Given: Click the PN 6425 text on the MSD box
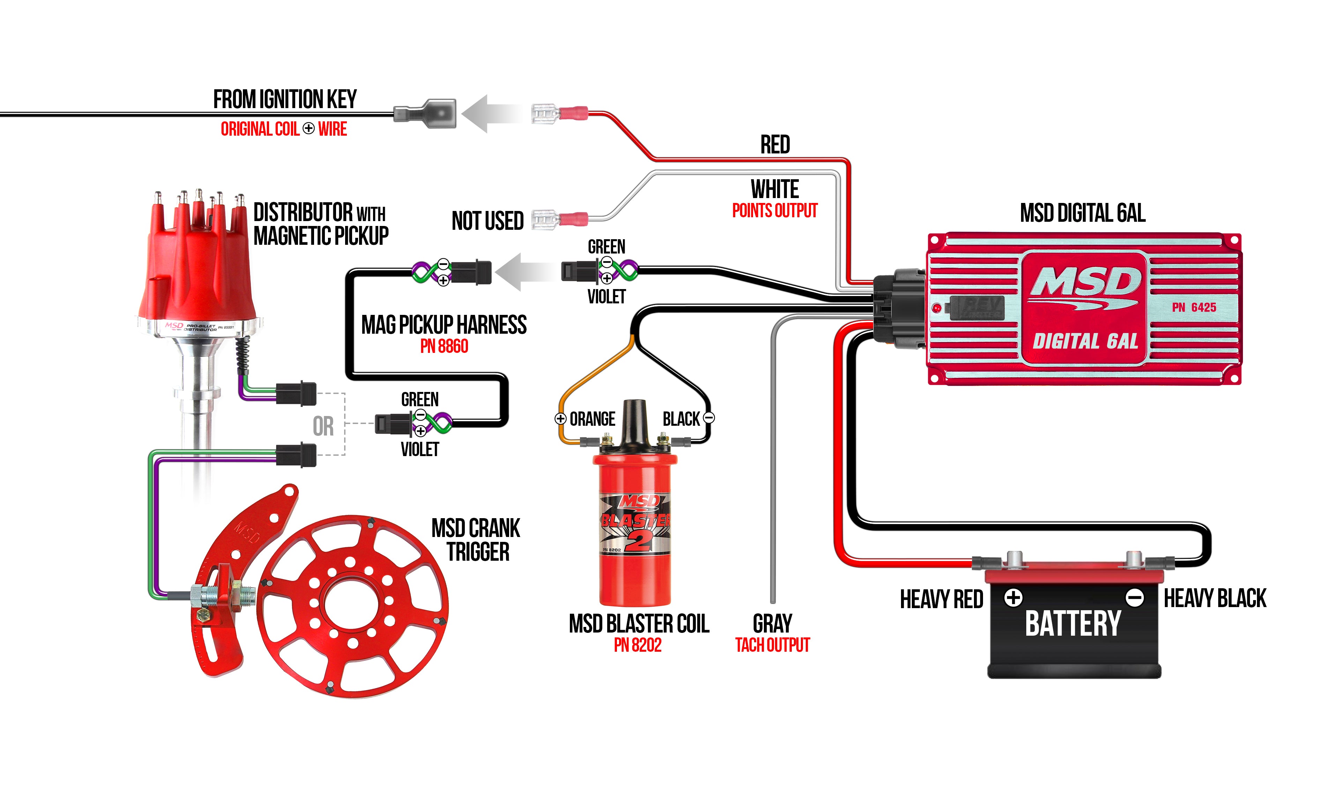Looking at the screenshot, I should [1193, 308].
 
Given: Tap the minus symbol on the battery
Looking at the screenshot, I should [1134, 598].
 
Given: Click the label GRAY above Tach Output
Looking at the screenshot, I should [772, 624].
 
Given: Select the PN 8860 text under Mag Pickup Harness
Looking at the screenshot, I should [444, 346].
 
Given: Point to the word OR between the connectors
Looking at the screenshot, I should [323, 426].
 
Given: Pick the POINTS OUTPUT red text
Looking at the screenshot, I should [774, 211].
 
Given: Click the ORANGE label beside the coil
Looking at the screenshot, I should [592, 419].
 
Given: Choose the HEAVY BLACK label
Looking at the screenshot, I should [1214, 598].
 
